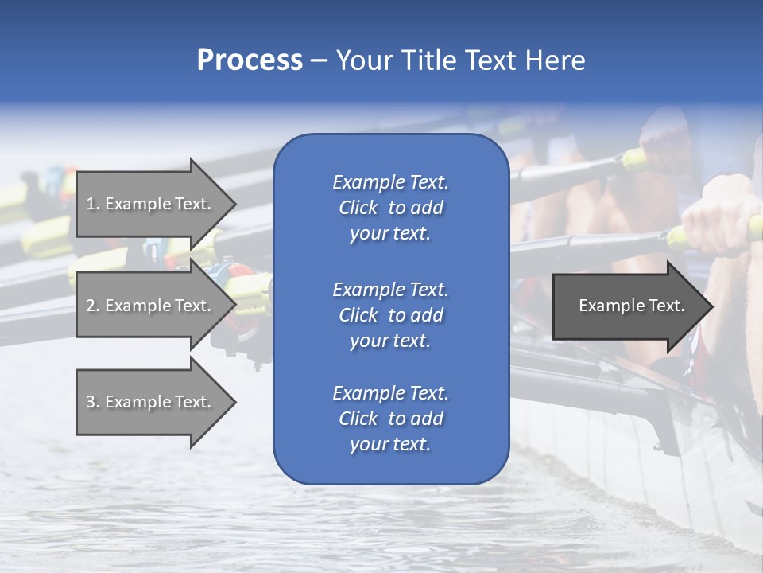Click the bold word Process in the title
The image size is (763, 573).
[250, 60]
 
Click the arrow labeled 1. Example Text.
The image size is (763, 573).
[151, 204]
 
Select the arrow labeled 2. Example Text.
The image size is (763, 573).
[151, 306]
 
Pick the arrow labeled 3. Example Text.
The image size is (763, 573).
[151, 402]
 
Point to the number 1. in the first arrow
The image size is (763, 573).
[93, 204]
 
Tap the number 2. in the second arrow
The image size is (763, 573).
[93, 306]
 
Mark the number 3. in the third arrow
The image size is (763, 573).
[93, 402]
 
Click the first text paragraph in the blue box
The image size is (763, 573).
[390, 208]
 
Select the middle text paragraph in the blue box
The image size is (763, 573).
[390, 315]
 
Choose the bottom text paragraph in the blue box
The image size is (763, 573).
[390, 419]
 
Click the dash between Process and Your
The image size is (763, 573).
[319, 60]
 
